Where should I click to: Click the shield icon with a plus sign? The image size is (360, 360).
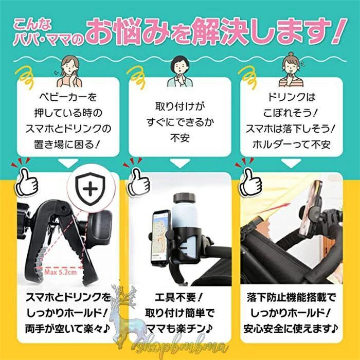coord(90,189)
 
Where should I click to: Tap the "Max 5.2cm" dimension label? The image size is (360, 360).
coord(61,272)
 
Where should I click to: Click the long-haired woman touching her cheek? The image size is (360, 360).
coord(69,71)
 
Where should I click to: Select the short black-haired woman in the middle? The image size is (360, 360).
coord(180,71)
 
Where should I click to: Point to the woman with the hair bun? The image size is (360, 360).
coord(291,69)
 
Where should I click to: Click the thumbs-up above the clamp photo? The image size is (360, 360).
coord(27,182)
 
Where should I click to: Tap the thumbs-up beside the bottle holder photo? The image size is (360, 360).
coord(139,182)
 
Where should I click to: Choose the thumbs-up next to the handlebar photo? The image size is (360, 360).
coord(250,182)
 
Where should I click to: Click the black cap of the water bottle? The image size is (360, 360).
coord(184,198)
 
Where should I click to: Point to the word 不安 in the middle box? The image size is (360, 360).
coord(180,138)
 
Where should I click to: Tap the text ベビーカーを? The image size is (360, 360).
coord(68,97)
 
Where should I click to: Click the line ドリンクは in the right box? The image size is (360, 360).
coord(291,97)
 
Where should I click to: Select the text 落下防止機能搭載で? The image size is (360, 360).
coord(291,298)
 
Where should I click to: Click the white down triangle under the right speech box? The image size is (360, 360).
coord(291,163)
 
